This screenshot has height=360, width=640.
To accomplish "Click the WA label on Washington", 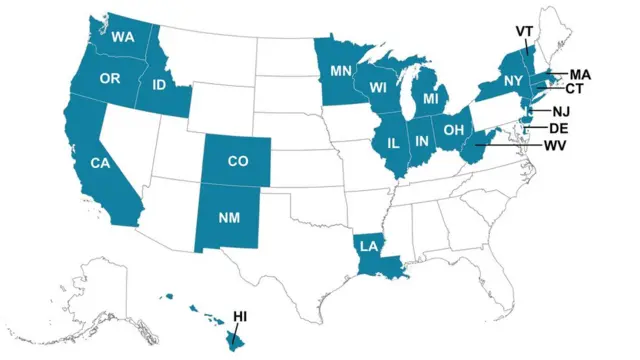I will (123, 38).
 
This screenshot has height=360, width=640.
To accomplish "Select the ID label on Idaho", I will (159, 86).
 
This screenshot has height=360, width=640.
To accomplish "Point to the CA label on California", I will (100, 163).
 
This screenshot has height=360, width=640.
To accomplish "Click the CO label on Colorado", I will (238, 160).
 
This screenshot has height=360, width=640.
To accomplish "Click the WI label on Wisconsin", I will (380, 87).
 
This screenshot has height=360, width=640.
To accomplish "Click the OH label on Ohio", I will (454, 129).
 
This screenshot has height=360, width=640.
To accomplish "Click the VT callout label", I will (524, 31).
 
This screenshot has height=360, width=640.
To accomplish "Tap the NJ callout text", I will (560, 110).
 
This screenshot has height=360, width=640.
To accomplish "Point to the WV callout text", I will (556, 146).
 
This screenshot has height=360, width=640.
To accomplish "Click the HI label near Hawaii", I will (240, 317).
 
